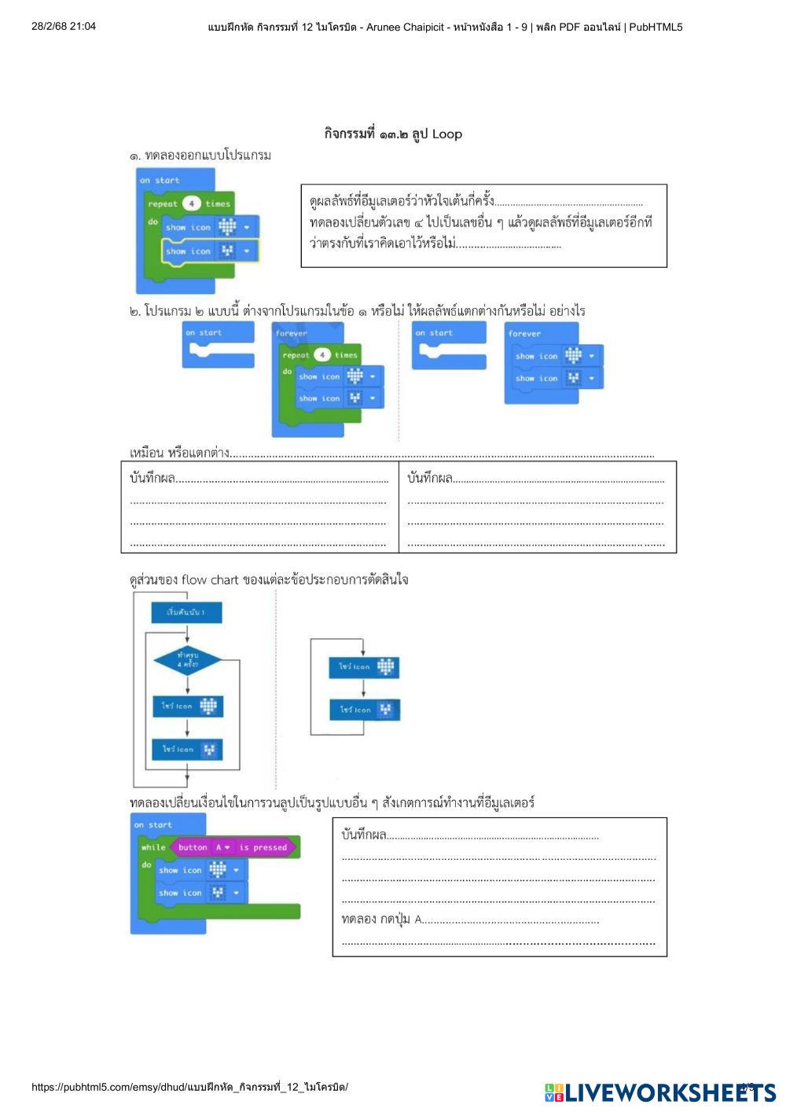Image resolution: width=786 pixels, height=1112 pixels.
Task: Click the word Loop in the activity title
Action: tap(446, 134)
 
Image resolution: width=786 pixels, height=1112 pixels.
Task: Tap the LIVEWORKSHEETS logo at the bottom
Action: tap(659, 1092)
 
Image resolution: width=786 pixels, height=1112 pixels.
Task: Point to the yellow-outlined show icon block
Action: tap(210, 251)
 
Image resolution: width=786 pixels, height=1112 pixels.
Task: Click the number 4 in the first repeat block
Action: tap(192, 204)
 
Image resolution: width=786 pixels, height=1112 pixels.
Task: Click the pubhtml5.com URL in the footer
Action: tap(189, 1087)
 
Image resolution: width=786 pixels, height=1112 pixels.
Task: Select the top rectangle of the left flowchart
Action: tap(187, 612)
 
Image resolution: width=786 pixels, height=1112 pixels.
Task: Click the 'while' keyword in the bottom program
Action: tap(153, 847)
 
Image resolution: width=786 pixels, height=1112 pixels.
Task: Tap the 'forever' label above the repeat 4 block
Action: tap(292, 333)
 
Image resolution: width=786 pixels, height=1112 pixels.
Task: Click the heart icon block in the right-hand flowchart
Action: tap(363, 666)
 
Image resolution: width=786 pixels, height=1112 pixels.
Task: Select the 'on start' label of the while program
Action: tap(152, 824)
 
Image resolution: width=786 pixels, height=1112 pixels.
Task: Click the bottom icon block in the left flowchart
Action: tap(187, 749)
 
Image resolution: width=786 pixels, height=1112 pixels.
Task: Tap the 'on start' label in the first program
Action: tap(160, 180)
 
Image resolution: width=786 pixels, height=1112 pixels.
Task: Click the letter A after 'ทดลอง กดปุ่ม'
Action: tap(418, 919)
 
